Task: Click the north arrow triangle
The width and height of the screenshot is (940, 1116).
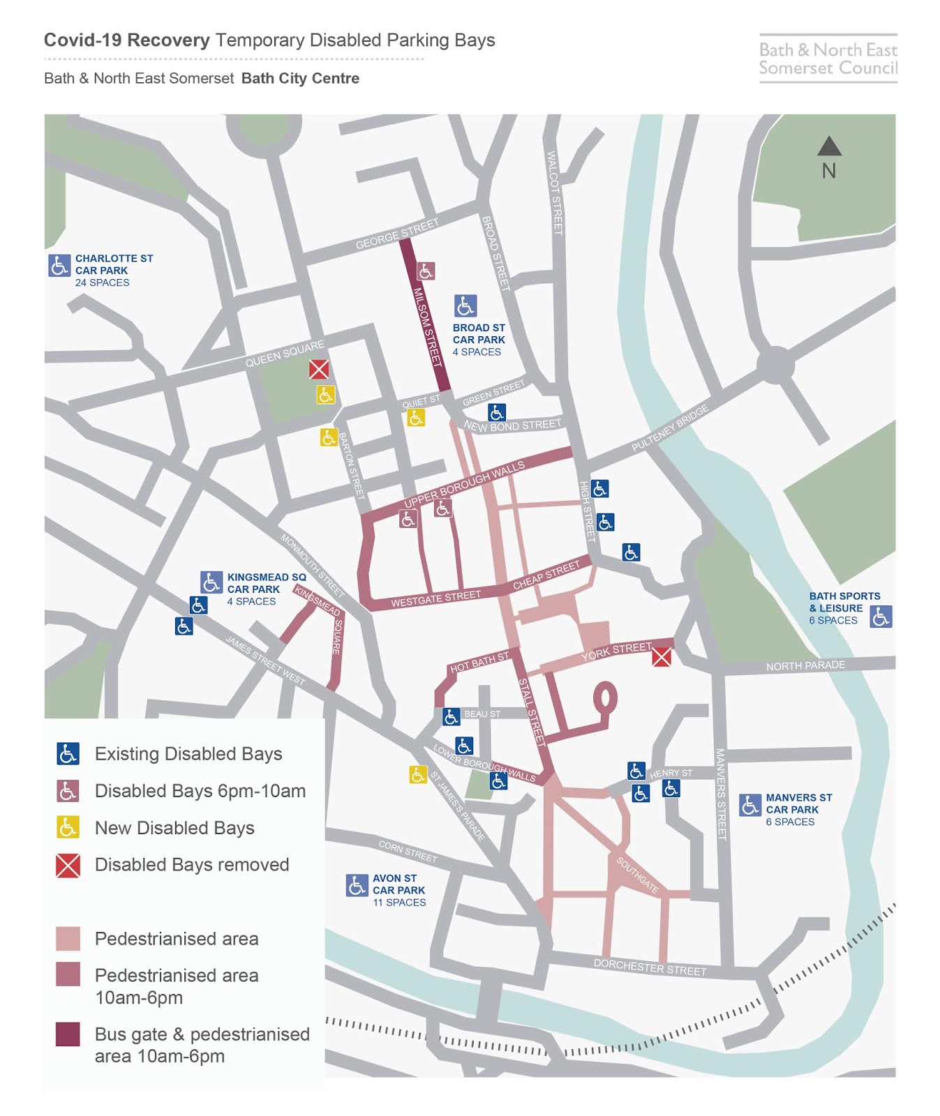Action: coord(828,146)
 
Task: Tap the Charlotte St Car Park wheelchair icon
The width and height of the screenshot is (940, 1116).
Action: coord(59,265)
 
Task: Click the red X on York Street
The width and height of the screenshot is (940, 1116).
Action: coord(662,656)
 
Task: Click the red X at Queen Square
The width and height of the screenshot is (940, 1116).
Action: coord(319,369)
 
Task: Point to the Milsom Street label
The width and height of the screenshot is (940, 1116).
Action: coord(427,327)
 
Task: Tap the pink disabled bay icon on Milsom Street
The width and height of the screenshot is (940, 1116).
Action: coord(426,271)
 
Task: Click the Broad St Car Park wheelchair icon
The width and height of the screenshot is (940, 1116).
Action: coord(465,306)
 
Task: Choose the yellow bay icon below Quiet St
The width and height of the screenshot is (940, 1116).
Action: coord(416,418)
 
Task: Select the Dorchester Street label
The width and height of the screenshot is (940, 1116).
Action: coord(650,967)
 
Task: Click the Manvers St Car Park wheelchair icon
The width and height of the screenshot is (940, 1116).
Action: coord(750,805)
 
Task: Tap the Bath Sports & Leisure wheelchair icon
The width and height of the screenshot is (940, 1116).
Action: coord(881,616)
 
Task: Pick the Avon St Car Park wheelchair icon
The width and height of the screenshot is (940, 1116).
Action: coord(357,885)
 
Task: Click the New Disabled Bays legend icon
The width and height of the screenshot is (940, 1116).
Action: coord(68,827)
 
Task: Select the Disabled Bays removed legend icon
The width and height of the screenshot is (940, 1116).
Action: coord(68,865)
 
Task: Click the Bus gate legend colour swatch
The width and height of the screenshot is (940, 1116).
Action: coord(68,1034)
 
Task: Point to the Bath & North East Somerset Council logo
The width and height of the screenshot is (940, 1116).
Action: coord(828,59)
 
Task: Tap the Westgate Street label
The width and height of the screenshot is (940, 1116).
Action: coord(435,598)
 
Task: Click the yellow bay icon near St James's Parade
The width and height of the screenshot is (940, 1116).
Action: coord(417,774)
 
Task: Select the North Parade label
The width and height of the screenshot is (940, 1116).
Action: coord(805,665)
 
